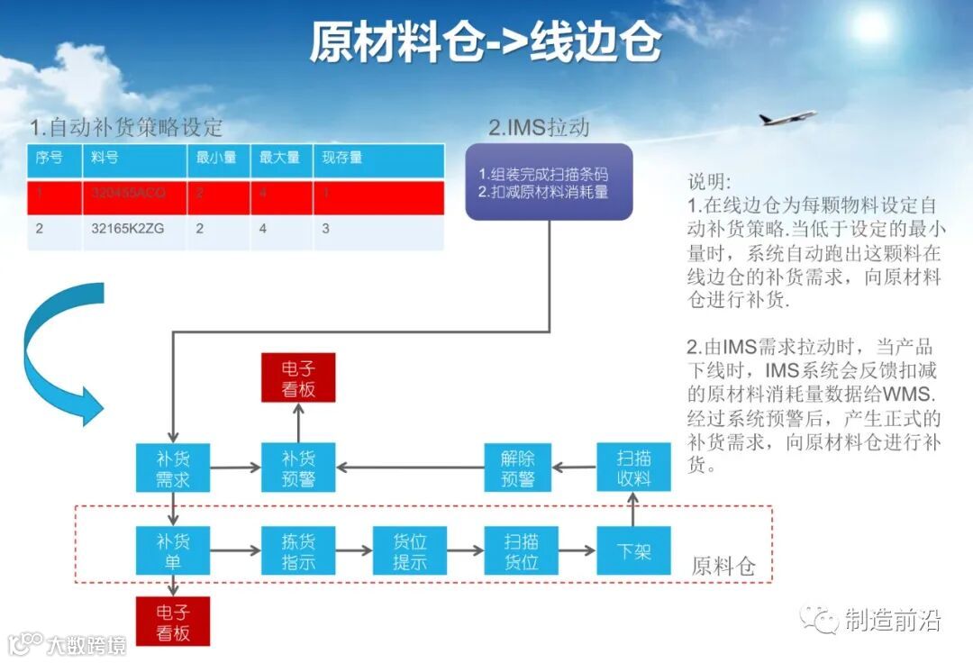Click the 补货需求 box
(172, 467)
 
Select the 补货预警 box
(298, 467)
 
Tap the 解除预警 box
(519, 467)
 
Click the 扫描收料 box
(633, 467)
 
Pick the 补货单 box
(172, 550)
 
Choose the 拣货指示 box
(298, 550)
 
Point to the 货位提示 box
(410, 550)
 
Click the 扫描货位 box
(522, 550)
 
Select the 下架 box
(633, 550)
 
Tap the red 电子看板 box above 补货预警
(298, 377)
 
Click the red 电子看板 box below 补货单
(172, 621)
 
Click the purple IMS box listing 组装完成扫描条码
(549, 182)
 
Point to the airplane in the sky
(786, 118)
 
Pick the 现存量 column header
(342, 158)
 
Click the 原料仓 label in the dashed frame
(723, 567)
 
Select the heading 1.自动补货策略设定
(126, 127)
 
